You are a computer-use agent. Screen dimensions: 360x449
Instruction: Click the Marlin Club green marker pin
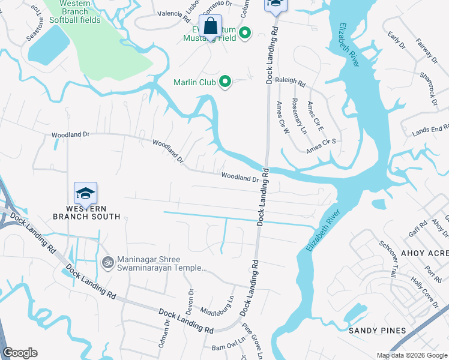tap(225, 81)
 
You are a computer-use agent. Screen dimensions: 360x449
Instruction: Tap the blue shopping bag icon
tap(211, 27)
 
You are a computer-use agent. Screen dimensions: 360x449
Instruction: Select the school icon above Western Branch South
tap(85, 193)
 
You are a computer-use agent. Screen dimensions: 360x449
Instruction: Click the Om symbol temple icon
tap(107, 262)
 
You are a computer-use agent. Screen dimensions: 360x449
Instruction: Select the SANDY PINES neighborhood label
tap(378, 331)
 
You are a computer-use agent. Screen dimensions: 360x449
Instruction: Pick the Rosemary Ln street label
tap(299, 116)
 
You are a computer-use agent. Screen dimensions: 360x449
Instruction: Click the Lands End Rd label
tap(430, 130)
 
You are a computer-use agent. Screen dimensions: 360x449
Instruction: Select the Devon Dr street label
tap(190, 300)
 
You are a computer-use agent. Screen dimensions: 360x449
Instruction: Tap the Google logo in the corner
tap(20, 353)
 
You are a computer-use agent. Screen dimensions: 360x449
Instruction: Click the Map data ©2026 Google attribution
tap(411, 355)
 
